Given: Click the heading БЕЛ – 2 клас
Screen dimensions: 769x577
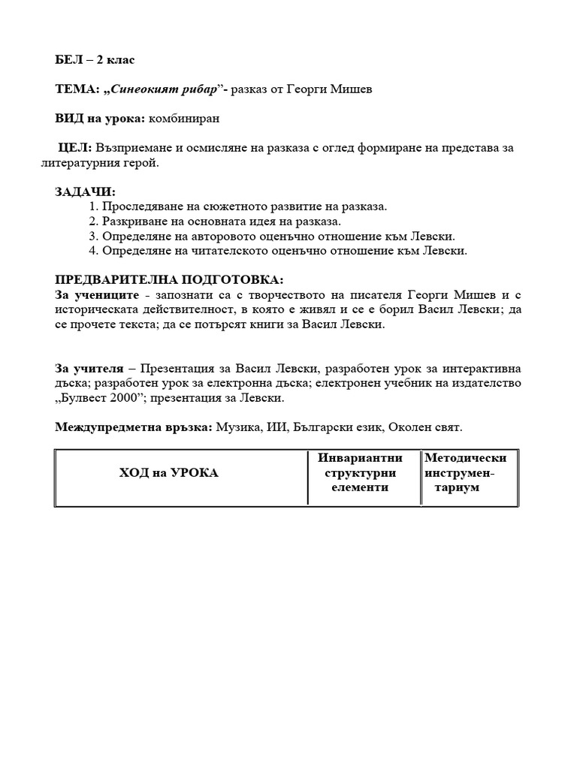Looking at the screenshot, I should (95, 60).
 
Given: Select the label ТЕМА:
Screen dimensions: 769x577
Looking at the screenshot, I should (77, 89).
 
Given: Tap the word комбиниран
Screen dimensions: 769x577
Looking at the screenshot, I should (185, 119).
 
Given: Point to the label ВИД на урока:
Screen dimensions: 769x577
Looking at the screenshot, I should (100, 119).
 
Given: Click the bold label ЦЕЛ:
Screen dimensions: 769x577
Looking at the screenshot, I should (75, 148).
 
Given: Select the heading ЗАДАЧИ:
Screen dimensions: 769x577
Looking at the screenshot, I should (85, 192).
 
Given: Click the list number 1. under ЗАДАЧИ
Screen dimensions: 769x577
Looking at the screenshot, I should (93, 207).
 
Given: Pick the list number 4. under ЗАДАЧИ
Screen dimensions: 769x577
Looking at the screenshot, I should (93, 251).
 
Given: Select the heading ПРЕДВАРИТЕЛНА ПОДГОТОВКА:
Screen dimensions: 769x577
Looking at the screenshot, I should (169, 280).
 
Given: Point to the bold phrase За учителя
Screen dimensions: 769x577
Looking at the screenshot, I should (89, 369).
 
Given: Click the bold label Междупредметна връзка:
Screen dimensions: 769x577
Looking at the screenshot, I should (133, 427).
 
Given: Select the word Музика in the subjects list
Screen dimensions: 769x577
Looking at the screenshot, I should (237, 427).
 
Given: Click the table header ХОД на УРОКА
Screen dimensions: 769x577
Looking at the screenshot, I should (168, 472).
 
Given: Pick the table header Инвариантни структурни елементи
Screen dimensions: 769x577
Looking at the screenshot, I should (360, 472).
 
